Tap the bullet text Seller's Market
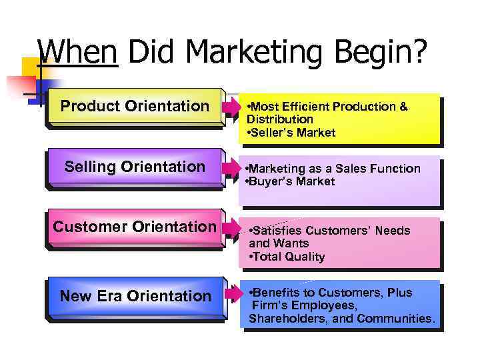click(x=292, y=133)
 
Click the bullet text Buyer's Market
click(x=291, y=181)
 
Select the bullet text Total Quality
click(x=287, y=257)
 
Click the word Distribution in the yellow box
click(x=279, y=119)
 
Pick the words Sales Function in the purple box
click(x=389, y=169)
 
